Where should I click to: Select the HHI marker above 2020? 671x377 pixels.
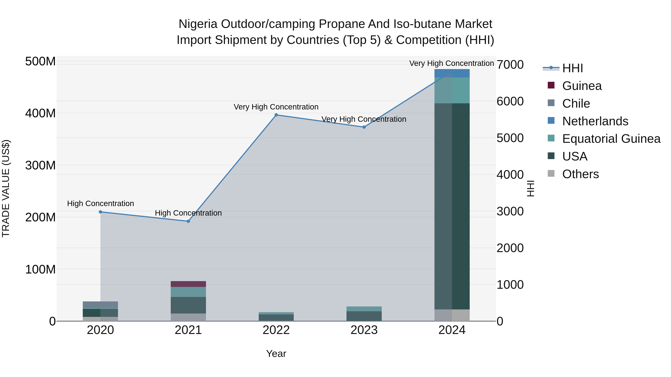[x=100, y=212]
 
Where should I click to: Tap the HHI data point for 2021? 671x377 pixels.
[x=188, y=221]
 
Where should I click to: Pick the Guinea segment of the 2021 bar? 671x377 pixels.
[x=188, y=284]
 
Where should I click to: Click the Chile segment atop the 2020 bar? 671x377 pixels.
[x=100, y=304]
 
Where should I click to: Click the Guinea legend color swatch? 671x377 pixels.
[x=551, y=85]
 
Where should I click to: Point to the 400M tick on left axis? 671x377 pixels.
[x=40, y=113]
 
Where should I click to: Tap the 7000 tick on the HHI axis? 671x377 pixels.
[x=510, y=65]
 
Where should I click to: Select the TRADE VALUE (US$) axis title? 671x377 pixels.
[x=6, y=188]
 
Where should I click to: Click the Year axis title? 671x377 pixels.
[x=276, y=354]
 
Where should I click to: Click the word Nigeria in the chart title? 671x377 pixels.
[x=198, y=24]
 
